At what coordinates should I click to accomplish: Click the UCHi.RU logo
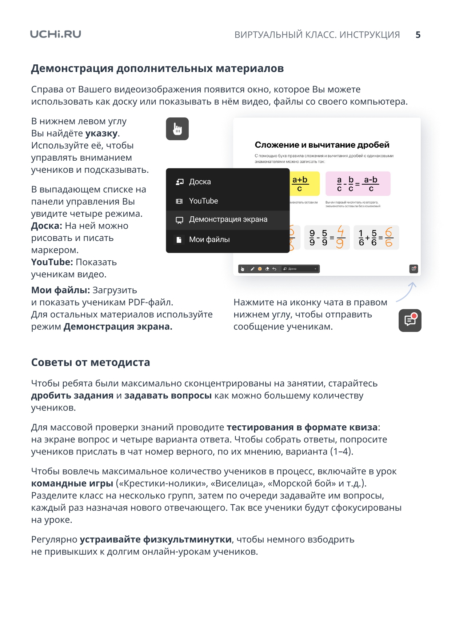[x=55, y=34]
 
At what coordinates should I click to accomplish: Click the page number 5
[x=418, y=35]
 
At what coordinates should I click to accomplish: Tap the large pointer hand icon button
[x=177, y=129]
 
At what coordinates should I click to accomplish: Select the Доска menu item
[x=200, y=182]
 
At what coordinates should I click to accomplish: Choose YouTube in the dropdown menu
[x=203, y=201]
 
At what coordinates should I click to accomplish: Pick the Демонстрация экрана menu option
[x=228, y=220]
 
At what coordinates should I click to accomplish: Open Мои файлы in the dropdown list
[x=209, y=240]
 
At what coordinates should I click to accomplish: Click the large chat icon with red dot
[x=410, y=320]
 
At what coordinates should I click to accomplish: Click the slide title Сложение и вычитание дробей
[x=322, y=145]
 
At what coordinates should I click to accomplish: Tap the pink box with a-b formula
[x=358, y=184]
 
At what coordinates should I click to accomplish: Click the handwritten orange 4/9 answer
[x=340, y=237]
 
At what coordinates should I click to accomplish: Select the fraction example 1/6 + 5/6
[x=376, y=238]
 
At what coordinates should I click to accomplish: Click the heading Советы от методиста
[x=91, y=362]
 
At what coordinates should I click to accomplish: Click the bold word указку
[x=101, y=133]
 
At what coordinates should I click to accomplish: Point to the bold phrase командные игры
[x=72, y=483]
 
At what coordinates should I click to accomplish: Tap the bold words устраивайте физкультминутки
[x=156, y=539]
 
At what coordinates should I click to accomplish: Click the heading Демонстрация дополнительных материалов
[x=157, y=68]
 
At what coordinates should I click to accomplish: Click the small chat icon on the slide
[x=414, y=269]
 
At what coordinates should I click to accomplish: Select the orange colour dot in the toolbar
[x=260, y=269]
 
